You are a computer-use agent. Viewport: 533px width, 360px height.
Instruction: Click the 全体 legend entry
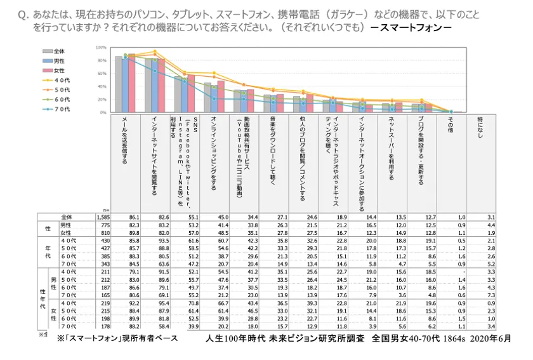coord(54,51)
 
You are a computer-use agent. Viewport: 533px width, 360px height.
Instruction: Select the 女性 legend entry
coord(54,70)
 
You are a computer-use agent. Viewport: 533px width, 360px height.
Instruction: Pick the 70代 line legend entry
coord(55,109)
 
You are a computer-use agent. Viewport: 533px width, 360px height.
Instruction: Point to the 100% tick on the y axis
coord(101,48)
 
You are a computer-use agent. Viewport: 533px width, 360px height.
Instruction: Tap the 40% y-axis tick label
coord(102,86)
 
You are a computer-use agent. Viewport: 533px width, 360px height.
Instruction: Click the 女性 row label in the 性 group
coord(65,232)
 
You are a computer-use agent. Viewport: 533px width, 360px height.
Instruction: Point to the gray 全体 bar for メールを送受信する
coord(119,84)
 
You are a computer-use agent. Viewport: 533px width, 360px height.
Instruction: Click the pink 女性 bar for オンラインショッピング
coord(221,96)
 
